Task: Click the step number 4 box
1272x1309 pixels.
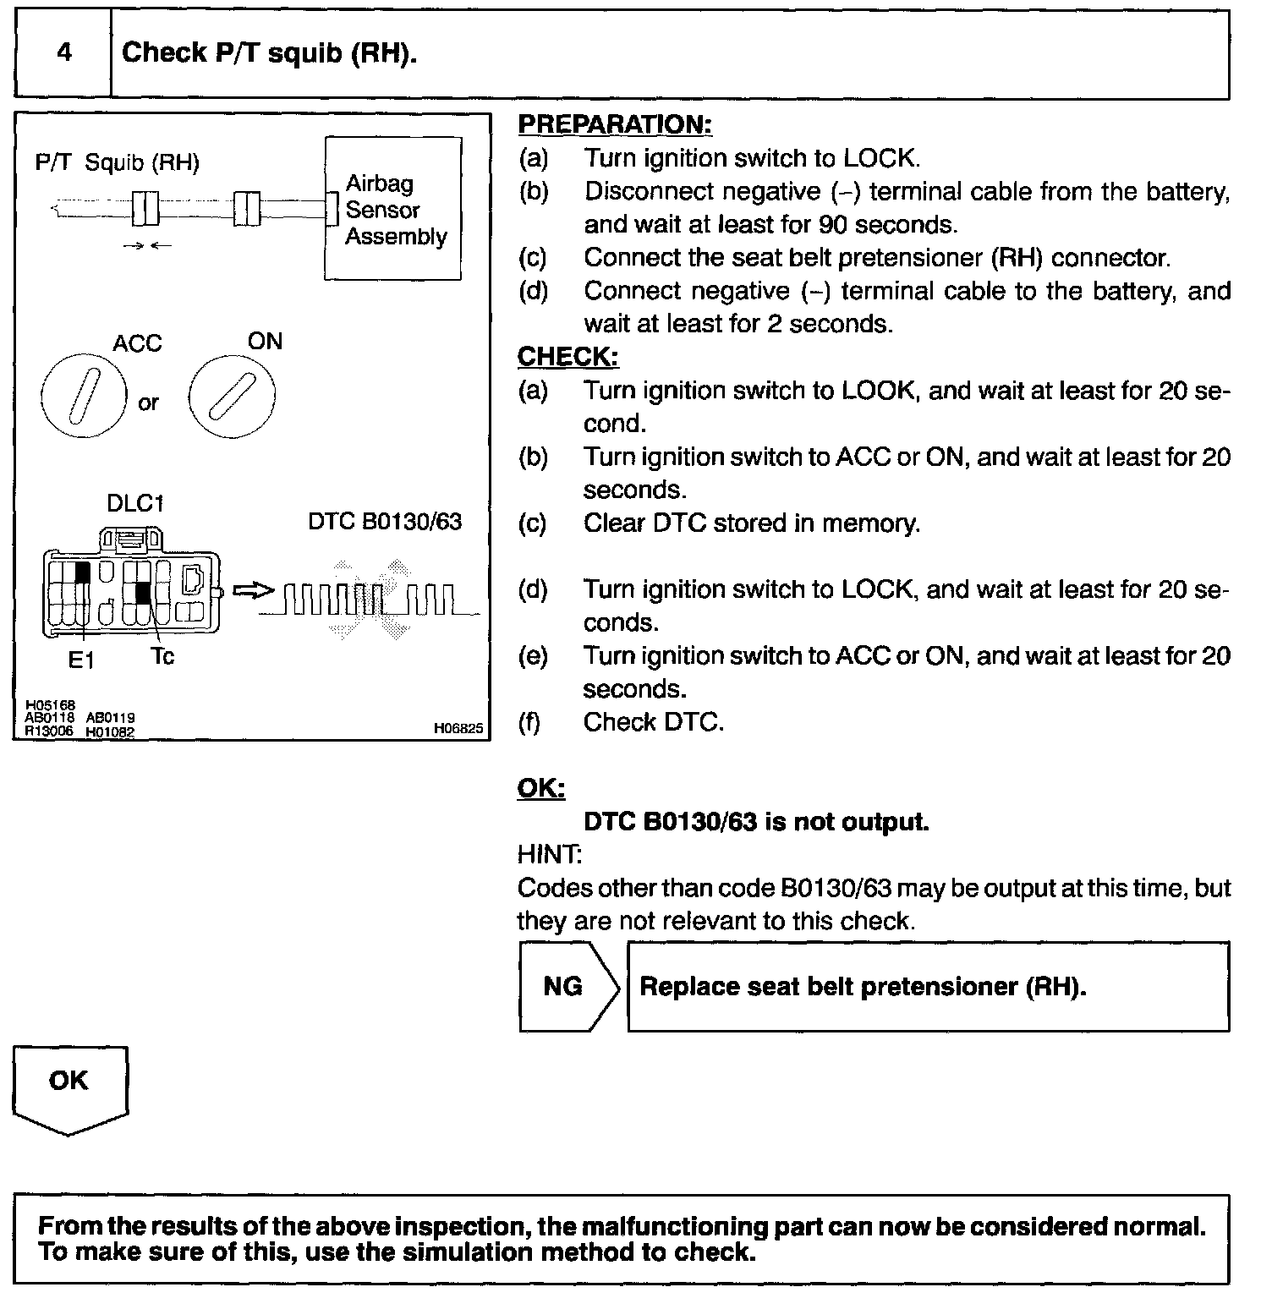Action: pyautogui.click(x=63, y=53)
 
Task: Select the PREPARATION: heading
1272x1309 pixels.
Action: pyautogui.click(x=615, y=124)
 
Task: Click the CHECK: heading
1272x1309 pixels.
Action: pyautogui.click(x=567, y=357)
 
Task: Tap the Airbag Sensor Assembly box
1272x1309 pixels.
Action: pyautogui.click(x=394, y=209)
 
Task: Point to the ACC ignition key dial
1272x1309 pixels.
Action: pyautogui.click(x=82, y=396)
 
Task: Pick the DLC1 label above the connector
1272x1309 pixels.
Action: pyautogui.click(x=135, y=503)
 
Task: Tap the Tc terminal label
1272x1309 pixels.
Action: pyautogui.click(x=162, y=656)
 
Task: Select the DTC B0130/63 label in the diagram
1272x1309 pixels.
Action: pyautogui.click(x=385, y=522)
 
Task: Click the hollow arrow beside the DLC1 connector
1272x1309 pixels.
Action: pyautogui.click(x=252, y=591)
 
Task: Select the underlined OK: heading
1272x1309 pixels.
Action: pyautogui.click(x=541, y=788)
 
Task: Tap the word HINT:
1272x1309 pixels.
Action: pyautogui.click(x=549, y=855)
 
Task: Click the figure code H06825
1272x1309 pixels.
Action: pyautogui.click(x=458, y=727)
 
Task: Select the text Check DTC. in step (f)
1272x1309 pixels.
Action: pyautogui.click(x=654, y=722)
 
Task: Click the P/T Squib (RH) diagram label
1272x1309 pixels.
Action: pyautogui.click(x=118, y=162)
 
